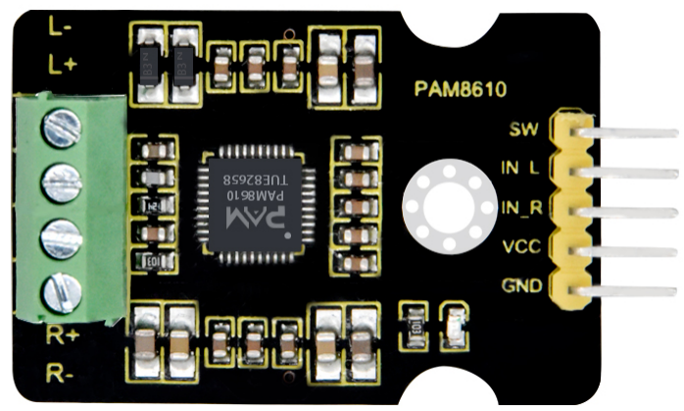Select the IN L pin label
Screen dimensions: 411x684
point(519,169)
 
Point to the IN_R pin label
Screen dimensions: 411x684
point(519,208)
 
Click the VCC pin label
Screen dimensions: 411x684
point(519,247)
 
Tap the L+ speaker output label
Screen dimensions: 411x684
point(62,64)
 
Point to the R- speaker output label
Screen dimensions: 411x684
point(60,373)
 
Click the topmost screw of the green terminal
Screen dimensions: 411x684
point(63,125)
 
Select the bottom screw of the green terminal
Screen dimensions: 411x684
point(63,291)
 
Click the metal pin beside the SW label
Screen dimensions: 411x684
point(627,130)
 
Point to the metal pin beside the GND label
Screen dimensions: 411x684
point(627,291)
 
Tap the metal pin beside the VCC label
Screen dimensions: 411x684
point(627,251)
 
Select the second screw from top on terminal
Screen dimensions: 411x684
point(63,180)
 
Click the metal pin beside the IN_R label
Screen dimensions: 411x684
point(627,211)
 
